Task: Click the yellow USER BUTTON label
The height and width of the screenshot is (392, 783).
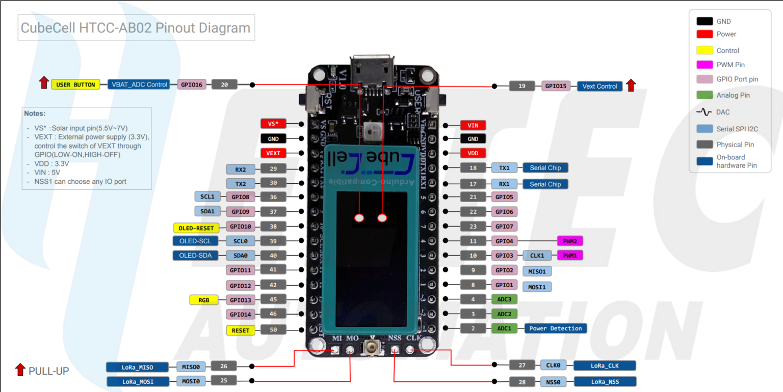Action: (x=75, y=85)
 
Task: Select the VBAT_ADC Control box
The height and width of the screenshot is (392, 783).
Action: (x=139, y=85)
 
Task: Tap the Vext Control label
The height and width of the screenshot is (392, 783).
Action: (x=599, y=86)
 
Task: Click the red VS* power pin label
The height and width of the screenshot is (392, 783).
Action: (x=273, y=123)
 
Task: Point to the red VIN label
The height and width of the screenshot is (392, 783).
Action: (x=473, y=125)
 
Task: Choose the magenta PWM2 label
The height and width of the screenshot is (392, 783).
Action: (x=570, y=241)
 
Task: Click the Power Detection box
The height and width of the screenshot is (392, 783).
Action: (x=555, y=328)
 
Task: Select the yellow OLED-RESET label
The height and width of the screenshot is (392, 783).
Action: (x=196, y=228)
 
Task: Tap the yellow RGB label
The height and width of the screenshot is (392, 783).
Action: (x=203, y=300)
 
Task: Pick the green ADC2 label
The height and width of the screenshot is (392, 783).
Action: (x=504, y=314)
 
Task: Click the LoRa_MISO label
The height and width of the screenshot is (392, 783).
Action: (x=137, y=367)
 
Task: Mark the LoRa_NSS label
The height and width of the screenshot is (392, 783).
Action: (x=605, y=381)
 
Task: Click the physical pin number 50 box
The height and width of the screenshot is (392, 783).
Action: (x=273, y=330)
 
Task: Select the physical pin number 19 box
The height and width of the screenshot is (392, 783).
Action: (x=522, y=86)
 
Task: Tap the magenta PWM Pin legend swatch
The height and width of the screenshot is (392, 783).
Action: (x=704, y=65)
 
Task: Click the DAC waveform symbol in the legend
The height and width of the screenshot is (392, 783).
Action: (x=704, y=112)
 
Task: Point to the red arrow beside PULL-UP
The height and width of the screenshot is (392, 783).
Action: (x=20, y=370)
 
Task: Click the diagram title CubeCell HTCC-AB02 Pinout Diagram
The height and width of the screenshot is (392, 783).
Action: (x=136, y=27)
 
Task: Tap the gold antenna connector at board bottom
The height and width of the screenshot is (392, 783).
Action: (x=372, y=349)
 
